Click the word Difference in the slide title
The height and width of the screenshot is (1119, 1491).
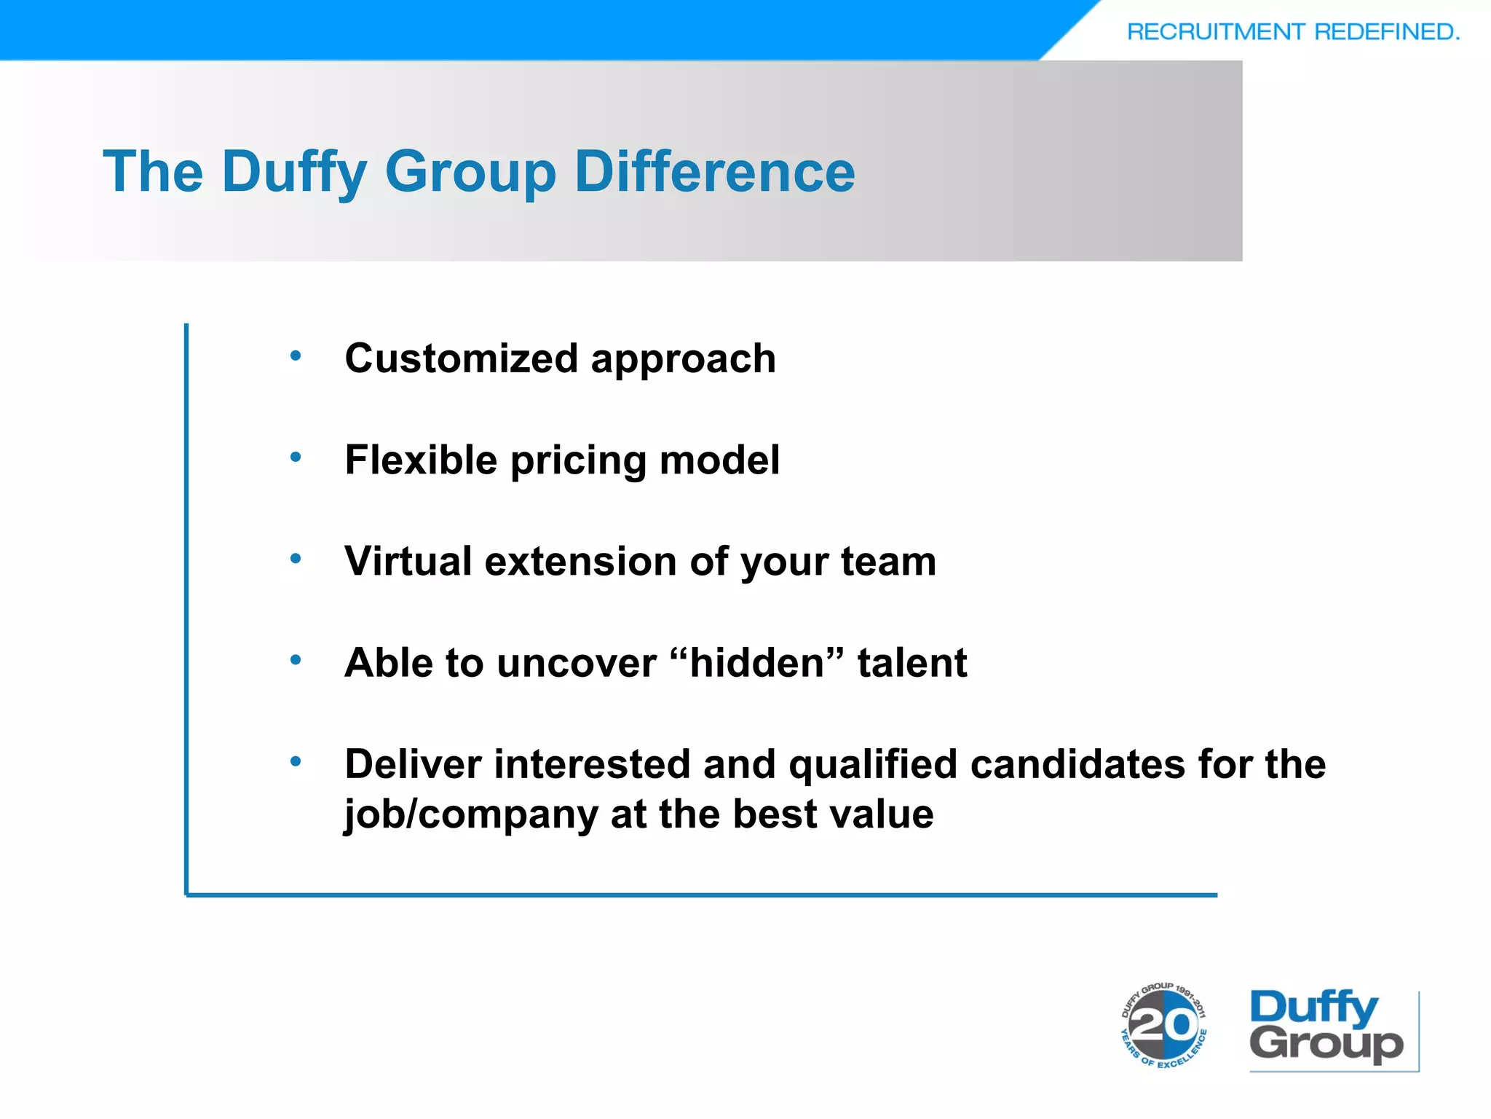coord(715,172)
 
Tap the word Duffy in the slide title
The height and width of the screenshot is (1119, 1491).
coord(294,173)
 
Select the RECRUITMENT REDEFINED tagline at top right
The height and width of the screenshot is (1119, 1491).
coord(1293,32)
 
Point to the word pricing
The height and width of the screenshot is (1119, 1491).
coord(578,462)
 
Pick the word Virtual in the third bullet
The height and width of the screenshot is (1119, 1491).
coord(408,562)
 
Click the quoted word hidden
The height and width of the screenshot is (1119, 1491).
coord(757,663)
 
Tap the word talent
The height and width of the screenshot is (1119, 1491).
coord(912,663)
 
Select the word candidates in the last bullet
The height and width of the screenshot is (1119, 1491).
coord(1078,764)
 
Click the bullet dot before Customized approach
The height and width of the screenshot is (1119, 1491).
coord(296,356)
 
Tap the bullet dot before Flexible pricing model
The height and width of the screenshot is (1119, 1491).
coord(296,458)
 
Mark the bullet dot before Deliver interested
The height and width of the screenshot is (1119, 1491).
coord(296,762)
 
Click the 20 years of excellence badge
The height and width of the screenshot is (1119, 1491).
coord(1163,1026)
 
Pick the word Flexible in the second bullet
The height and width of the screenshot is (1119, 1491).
coord(421,460)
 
